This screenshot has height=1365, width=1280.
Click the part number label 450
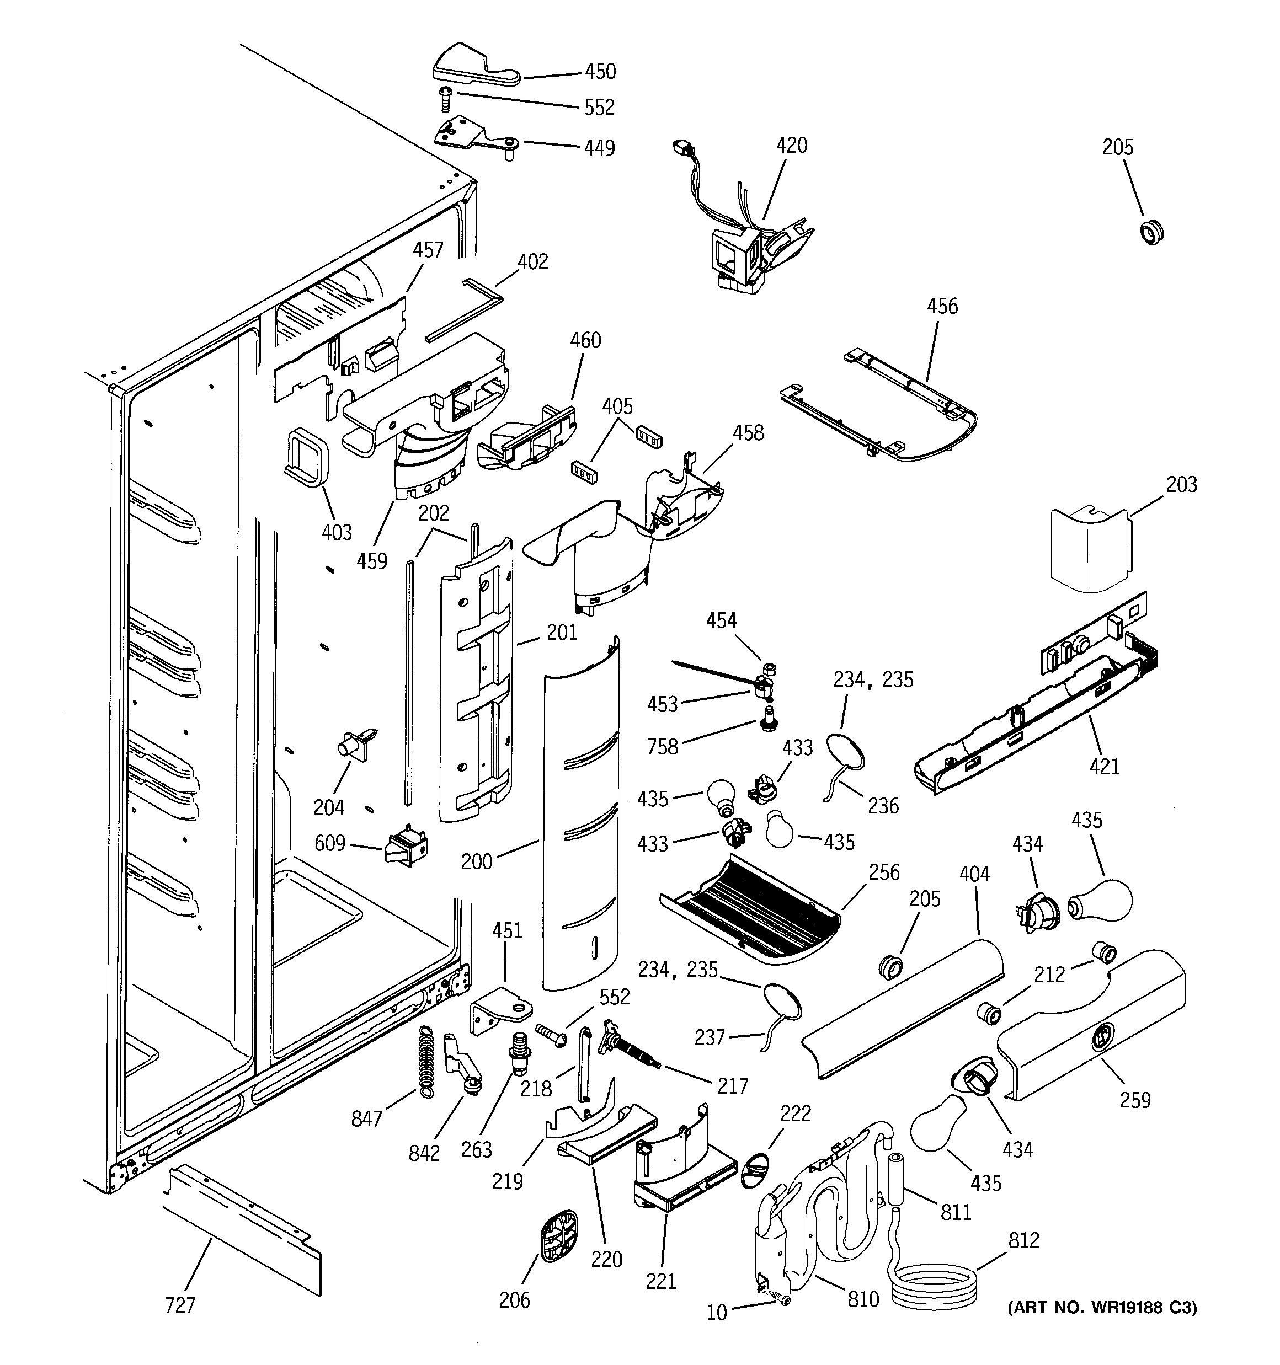(x=600, y=71)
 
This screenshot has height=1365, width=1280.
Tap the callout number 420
(x=792, y=146)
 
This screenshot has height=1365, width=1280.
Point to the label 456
(x=942, y=306)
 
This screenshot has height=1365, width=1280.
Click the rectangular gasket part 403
(x=305, y=457)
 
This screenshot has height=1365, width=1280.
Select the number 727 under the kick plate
(x=180, y=1304)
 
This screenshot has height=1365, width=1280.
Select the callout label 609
(x=330, y=843)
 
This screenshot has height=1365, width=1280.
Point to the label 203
(x=1181, y=485)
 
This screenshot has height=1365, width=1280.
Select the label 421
(x=1104, y=766)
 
